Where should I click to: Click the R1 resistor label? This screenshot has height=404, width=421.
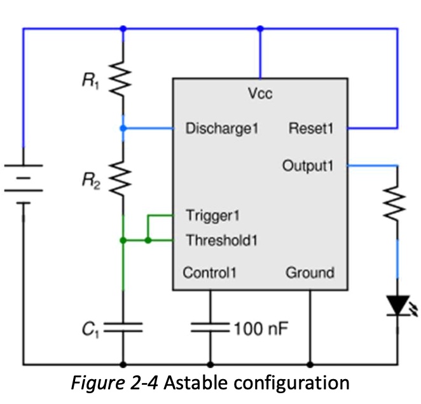(90, 80)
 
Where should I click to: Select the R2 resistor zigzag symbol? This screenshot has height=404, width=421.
(120, 178)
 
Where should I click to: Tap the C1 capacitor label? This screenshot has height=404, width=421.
(90, 329)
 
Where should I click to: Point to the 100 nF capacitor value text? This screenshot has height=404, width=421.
(261, 328)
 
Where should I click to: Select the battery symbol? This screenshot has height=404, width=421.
(24, 184)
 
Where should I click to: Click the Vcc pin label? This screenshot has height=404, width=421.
(260, 94)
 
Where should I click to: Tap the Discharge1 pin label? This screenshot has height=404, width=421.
(222, 128)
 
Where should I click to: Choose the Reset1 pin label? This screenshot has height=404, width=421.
(310, 128)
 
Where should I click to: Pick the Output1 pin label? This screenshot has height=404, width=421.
(308, 166)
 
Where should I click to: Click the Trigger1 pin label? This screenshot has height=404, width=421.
(212, 215)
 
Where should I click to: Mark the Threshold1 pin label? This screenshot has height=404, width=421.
(222, 240)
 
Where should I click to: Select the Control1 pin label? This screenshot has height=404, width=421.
(209, 273)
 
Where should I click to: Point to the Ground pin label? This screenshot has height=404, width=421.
(310, 273)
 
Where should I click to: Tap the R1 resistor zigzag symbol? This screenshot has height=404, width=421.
(120, 78)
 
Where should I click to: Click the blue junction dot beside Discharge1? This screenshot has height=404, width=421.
(123, 128)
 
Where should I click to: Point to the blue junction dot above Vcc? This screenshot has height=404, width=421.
(260, 28)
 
